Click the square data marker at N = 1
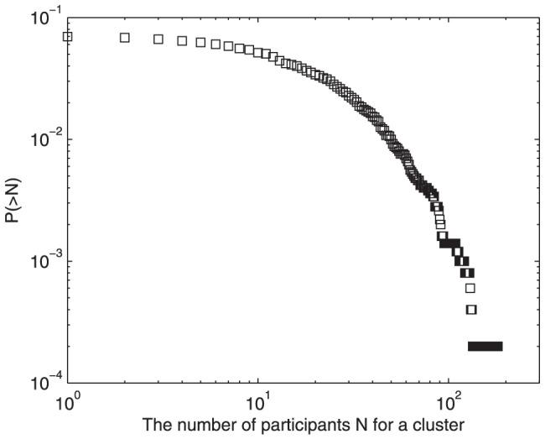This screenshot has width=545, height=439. (68, 36)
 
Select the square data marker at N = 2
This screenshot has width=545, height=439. (125, 38)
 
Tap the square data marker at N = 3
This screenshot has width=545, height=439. (158, 39)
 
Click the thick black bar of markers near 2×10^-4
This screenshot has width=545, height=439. (485, 346)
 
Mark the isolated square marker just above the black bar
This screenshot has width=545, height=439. (471, 310)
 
